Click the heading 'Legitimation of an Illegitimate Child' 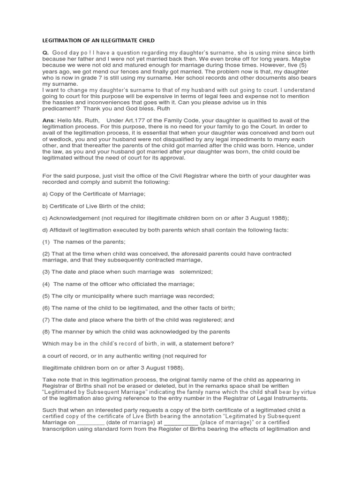click(x=98, y=41)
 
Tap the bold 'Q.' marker click(x=45, y=53)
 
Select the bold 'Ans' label click(x=49, y=121)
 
